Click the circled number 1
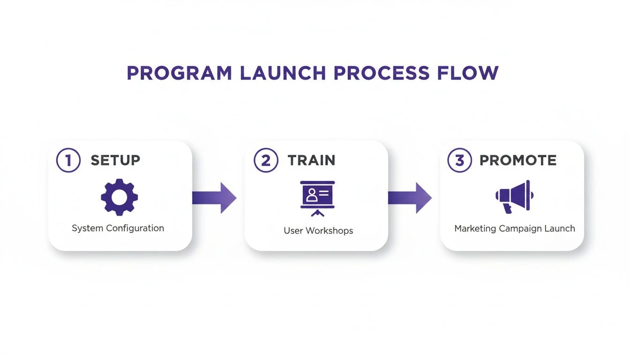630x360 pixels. tap(68, 160)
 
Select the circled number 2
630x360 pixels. tap(266, 160)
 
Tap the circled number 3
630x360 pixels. tap(460, 160)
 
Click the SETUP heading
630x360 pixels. tap(115, 160)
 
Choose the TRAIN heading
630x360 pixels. tap(312, 160)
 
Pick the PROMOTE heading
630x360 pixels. tap(518, 160)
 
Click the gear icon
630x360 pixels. tap(120, 197)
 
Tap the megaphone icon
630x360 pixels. tap(514, 196)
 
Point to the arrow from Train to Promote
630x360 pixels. tap(410, 198)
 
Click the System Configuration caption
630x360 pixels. tap(118, 228)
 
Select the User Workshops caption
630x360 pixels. tap(318, 231)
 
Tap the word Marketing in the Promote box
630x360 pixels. tap(475, 229)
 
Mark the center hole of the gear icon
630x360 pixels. tap(120, 197)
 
